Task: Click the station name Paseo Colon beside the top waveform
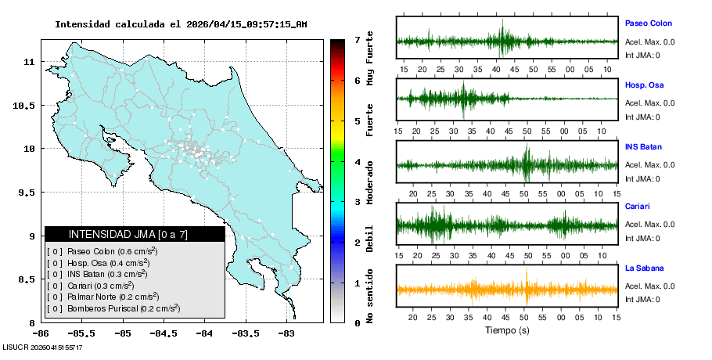click(x=648, y=23)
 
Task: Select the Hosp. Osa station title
click(x=644, y=85)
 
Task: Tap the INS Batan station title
click(x=643, y=146)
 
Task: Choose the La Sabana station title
click(x=644, y=268)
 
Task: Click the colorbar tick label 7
click(x=357, y=39)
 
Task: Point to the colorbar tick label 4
click(x=357, y=161)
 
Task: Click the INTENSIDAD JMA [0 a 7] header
click(x=135, y=234)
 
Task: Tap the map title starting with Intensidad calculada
click(x=181, y=24)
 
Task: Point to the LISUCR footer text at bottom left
click(x=42, y=347)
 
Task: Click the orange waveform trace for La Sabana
click(x=507, y=290)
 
